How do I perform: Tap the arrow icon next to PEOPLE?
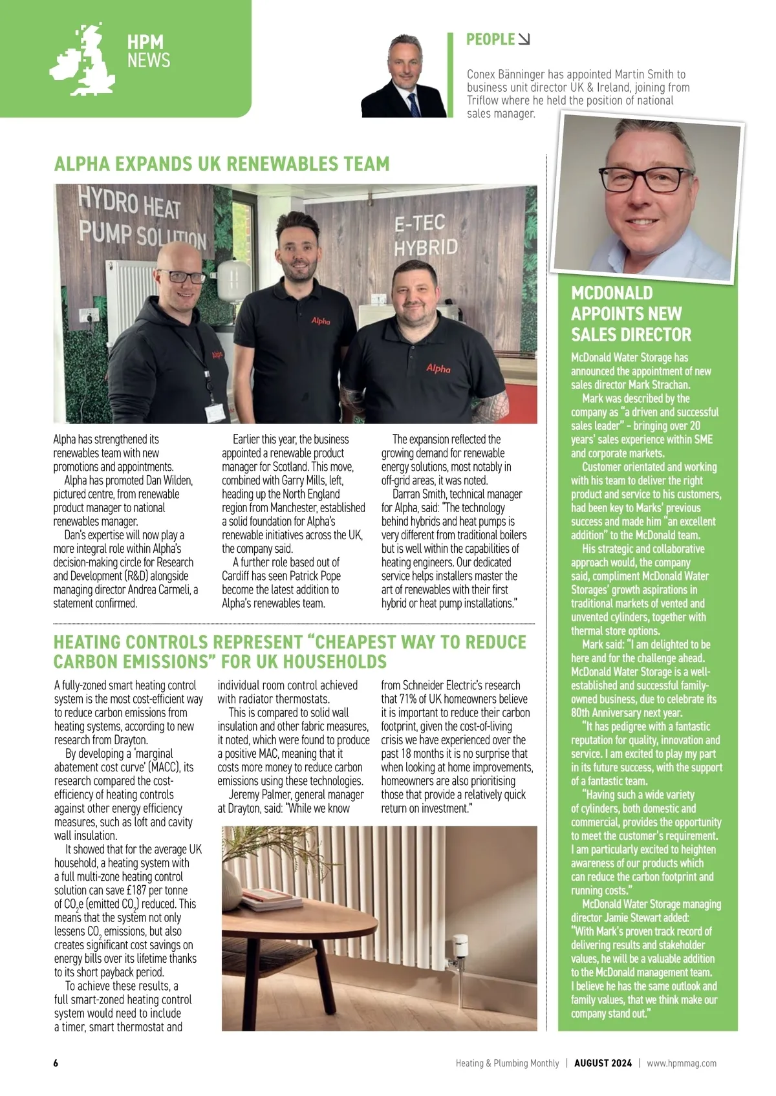click(x=524, y=39)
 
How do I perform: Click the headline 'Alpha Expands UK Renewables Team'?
click(x=222, y=164)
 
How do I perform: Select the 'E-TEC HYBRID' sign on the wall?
click(x=425, y=235)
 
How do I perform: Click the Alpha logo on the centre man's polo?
click(x=321, y=321)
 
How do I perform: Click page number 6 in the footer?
click(x=56, y=1063)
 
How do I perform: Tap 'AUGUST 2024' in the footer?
click(x=603, y=1063)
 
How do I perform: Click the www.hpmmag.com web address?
click(x=681, y=1063)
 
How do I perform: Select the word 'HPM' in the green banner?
click(x=145, y=43)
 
